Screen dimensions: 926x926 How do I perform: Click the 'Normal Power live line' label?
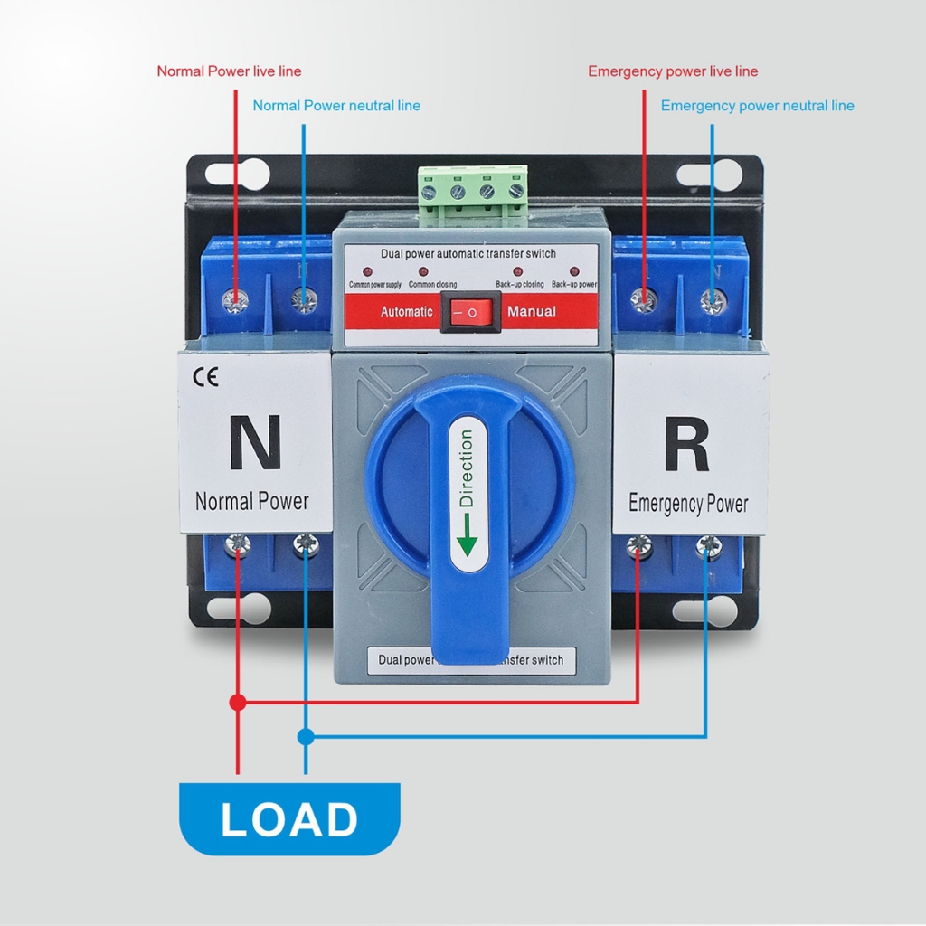click(x=229, y=71)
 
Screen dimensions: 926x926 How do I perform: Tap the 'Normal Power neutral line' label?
click(x=336, y=106)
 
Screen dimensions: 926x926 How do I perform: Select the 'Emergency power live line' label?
click(x=673, y=71)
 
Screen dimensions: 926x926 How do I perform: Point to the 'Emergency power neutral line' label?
click(x=757, y=106)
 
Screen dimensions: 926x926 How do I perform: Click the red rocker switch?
click(x=470, y=312)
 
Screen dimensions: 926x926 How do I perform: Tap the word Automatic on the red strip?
click(x=406, y=312)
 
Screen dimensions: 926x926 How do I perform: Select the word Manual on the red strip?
click(x=532, y=312)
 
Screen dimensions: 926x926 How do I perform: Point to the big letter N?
click(x=254, y=442)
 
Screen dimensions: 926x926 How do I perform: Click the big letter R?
click(x=686, y=444)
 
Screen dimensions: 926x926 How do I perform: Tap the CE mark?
click(x=206, y=377)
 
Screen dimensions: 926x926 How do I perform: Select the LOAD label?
click(x=289, y=819)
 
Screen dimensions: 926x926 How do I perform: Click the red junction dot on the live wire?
click(x=238, y=702)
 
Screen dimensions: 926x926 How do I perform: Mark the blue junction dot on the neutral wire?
click(x=306, y=737)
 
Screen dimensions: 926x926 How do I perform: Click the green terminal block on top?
click(x=473, y=194)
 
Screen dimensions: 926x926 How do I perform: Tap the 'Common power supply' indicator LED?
click(x=368, y=271)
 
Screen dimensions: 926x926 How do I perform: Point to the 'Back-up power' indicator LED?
click(x=574, y=271)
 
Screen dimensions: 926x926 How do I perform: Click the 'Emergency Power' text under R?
click(x=688, y=504)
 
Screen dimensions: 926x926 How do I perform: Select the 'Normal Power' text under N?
click(x=252, y=501)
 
